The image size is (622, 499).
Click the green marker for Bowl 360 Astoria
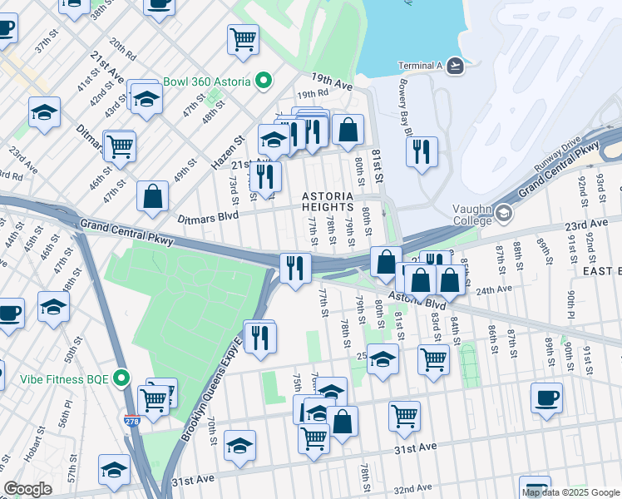coord(264,81)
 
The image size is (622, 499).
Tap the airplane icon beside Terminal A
coord(454,66)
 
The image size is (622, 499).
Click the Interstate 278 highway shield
coord(132,422)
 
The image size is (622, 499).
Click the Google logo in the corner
coord(28,488)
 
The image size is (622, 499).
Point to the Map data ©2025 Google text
coord(570,492)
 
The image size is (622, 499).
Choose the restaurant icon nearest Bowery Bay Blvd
coord(422,151)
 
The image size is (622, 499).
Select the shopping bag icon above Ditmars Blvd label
coord(153,196)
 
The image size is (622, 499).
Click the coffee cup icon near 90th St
coord(546,397)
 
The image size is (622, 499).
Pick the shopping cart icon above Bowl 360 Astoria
coord(243,38)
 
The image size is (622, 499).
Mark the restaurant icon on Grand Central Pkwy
coord(295,268)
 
